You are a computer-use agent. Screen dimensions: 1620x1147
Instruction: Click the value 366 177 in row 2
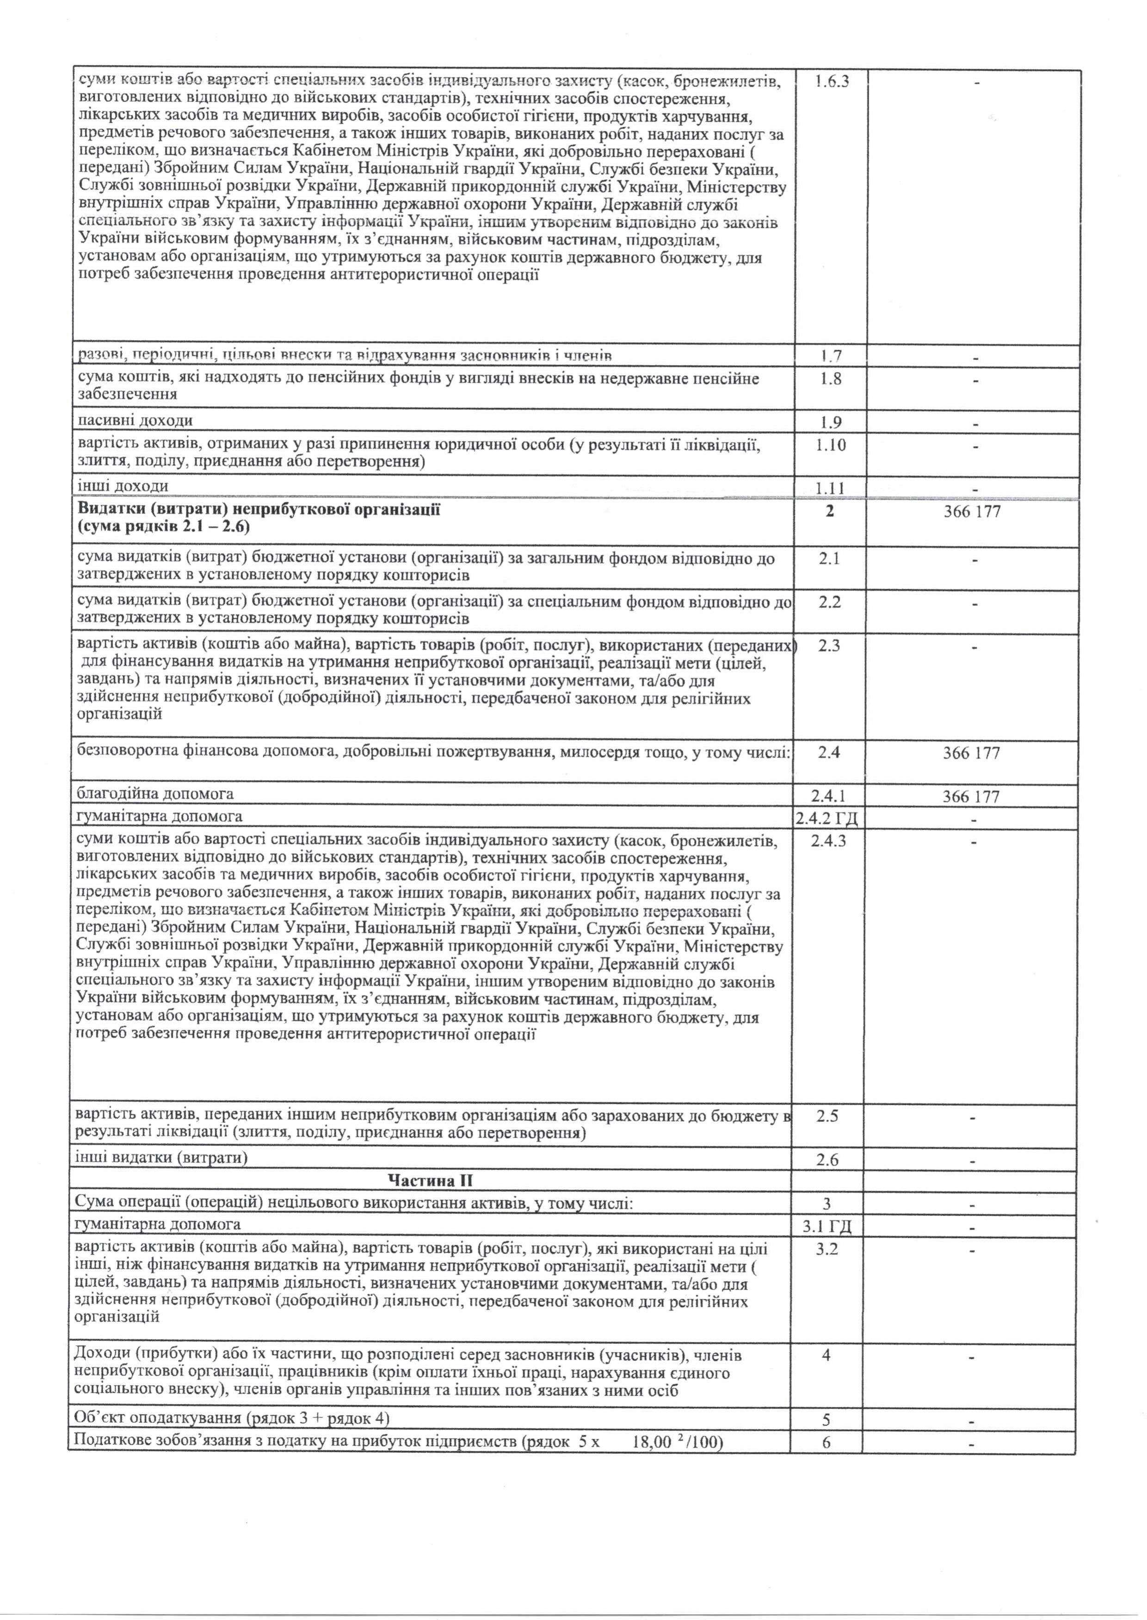972,511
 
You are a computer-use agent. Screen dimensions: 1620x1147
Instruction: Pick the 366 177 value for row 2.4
971,753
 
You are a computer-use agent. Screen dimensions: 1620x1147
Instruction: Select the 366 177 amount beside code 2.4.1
971,797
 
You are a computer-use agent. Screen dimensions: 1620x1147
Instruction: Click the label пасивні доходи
135,421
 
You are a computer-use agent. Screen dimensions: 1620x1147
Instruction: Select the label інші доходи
123,486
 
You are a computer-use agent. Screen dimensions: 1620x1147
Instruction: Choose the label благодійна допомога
155,794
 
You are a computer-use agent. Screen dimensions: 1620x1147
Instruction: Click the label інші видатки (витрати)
162,1158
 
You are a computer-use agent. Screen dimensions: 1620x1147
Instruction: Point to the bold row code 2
830,510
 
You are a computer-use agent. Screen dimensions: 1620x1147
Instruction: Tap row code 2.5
828,1117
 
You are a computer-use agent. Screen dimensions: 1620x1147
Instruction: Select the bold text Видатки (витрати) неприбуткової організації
259,510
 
